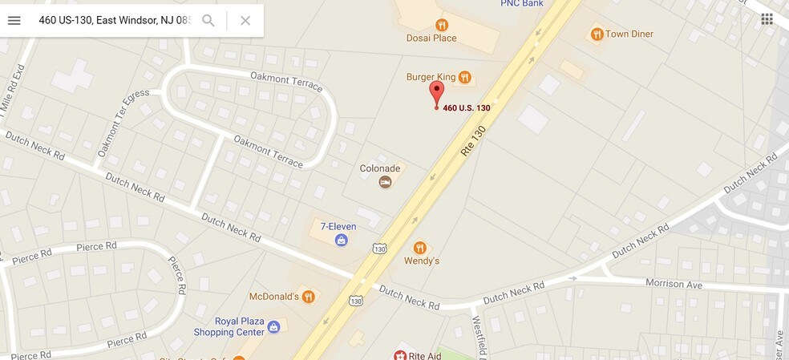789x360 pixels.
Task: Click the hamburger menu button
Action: coord(14,20)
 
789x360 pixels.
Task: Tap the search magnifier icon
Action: coord(208,20)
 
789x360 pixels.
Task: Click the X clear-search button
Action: coord(245,20)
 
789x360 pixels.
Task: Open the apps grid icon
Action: coord(767,19)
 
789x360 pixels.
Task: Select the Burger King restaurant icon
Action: coord(465,77)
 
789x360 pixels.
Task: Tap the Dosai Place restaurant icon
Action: coord(441,24)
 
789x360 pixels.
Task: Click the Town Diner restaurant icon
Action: coord(597,34)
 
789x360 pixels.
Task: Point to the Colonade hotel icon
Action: coord(386,183)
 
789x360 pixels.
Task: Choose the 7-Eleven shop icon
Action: coord(342,240)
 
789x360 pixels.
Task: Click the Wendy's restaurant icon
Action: coord(419,247)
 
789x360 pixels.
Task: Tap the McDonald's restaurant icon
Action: coord(309,297)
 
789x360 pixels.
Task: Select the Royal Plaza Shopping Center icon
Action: coord(273,326)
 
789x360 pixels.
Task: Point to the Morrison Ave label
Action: coord(674,283)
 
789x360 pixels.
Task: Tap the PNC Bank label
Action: coord(522,3)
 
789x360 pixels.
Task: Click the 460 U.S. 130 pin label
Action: coord(467,107)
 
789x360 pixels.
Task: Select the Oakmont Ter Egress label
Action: coord(123,123)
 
